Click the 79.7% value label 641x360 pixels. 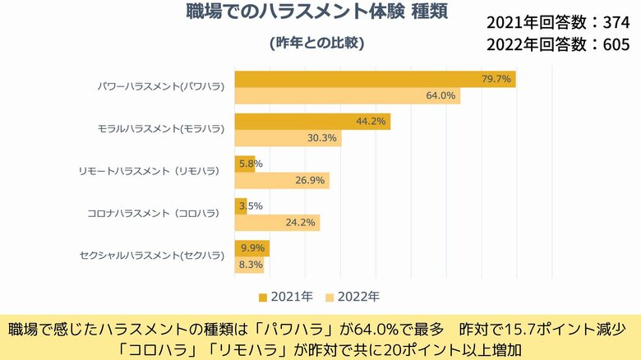click(x=497, y=79)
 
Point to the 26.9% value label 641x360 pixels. click(x=310, y=181)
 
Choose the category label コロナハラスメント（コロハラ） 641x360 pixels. click(x=154, y=214)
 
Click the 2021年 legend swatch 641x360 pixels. click(x=263, y=296)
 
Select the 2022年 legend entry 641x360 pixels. click(x=352, y=296)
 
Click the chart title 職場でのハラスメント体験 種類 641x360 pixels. click(x=316, y=15)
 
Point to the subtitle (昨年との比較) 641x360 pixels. click(x=316, y=42)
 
